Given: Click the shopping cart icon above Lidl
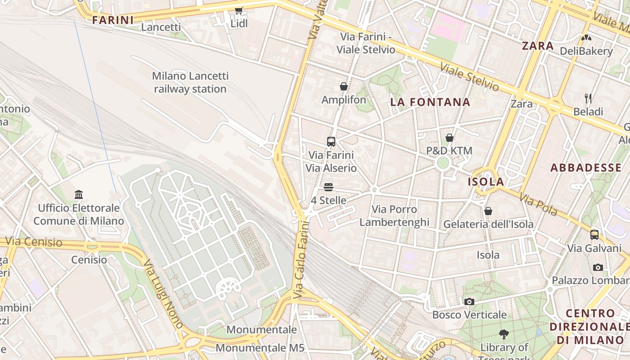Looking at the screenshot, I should point(238,10).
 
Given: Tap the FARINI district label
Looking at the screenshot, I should point(113,20).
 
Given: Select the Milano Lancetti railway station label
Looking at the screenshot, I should point(190,82).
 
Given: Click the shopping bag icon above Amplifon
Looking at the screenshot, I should point(344,86).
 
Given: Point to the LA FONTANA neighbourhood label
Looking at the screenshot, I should point(430,102).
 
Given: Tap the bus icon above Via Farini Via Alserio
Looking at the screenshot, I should point(331,142).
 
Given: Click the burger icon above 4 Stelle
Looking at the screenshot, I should point(328,187).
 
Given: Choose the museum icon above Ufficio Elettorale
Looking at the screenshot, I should point(79,195).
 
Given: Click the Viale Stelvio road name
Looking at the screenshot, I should point(469,77).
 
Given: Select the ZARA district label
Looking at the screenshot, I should point(538,45).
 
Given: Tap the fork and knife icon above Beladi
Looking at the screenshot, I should point(588,98).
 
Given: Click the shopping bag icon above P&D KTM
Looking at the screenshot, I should point(449,138).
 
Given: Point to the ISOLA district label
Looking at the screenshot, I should point(486,182).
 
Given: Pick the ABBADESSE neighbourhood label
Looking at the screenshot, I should point(586,168).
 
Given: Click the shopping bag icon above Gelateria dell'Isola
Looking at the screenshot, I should point(488,211).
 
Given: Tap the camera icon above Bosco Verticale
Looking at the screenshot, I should point(469,301).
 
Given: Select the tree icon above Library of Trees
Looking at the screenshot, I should point(504,334).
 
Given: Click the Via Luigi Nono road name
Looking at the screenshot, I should point(163,293).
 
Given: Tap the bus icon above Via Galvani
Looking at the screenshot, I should point(594,234).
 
